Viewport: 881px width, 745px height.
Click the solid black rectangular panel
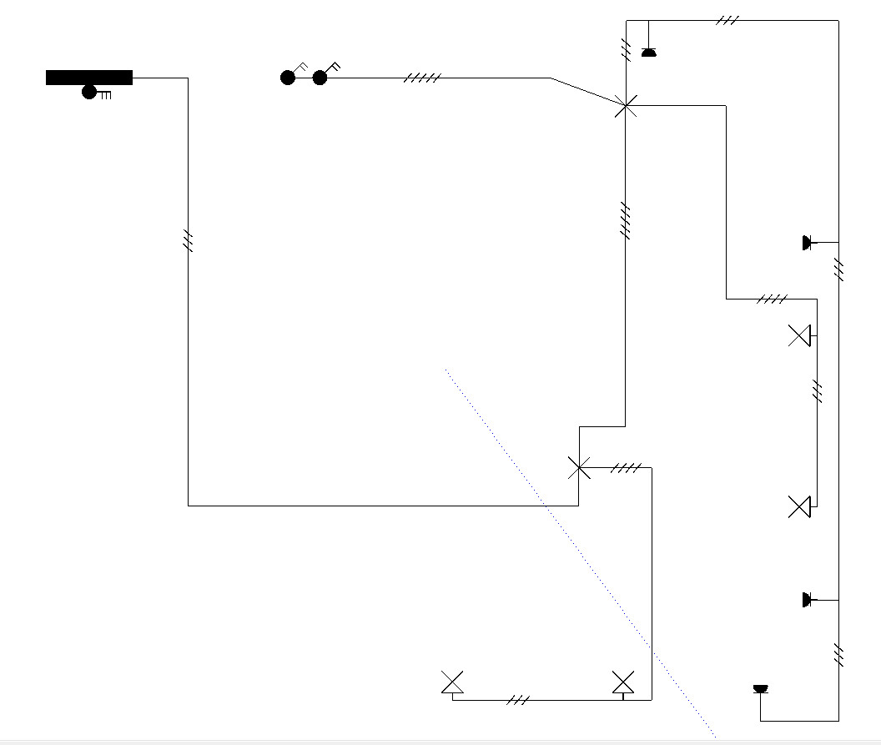coord(89,78)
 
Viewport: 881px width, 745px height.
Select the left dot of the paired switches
coord(288,78)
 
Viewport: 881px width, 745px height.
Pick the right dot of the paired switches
coord(320,78)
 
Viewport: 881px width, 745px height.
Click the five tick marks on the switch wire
coord(422,78)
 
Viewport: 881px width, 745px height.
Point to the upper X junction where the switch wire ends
coord(625,105)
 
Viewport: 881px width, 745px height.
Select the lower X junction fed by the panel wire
coord(579,467)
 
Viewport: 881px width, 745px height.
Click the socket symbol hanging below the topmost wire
coord(648,52)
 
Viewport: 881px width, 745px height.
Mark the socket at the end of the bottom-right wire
coord(760,689)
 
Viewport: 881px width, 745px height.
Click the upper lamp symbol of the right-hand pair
coord(799,335)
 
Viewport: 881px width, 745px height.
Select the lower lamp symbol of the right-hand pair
coord(799,506)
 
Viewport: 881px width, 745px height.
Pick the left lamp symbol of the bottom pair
coord(453,682)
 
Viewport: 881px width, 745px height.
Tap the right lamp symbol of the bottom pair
coord(623,682)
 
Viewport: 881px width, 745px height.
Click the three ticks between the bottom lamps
coord(518,700)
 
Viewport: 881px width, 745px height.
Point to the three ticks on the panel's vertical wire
coord(189,241)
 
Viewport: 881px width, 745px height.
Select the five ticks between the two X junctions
coord(625,219)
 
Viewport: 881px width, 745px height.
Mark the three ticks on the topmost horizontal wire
coord(727,20)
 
